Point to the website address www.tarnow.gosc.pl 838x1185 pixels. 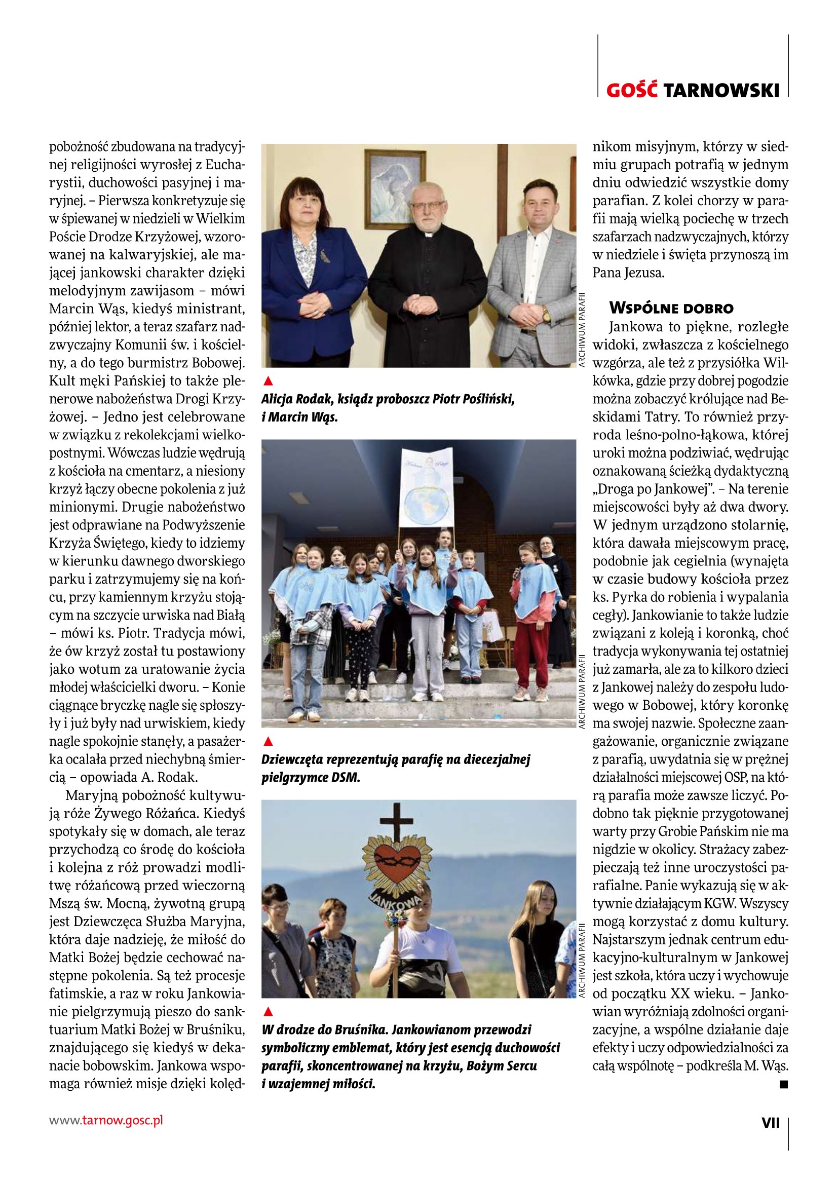tap(106, 1121)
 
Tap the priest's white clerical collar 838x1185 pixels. tap(428, 235)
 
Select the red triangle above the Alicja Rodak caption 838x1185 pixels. tap(268, 381)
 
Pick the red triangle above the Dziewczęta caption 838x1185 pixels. tap(268, 742)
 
